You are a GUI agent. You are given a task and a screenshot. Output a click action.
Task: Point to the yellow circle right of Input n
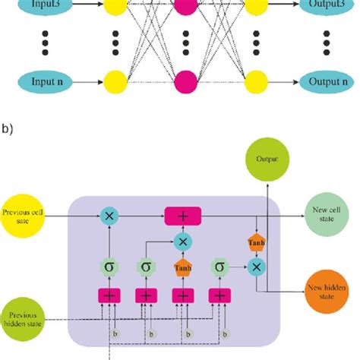tap(116, 79)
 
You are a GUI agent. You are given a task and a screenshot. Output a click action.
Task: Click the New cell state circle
tap(325, 216)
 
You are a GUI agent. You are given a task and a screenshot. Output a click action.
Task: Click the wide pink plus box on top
tap(184, 216)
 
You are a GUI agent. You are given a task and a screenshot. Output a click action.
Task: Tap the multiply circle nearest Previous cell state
tap(109, 216)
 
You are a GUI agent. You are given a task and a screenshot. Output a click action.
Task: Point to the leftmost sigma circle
tap(109, 267)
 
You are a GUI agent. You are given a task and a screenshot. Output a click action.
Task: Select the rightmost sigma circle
tap(219, 267)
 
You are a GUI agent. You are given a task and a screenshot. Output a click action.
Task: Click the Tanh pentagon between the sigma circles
tap(182, 267)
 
